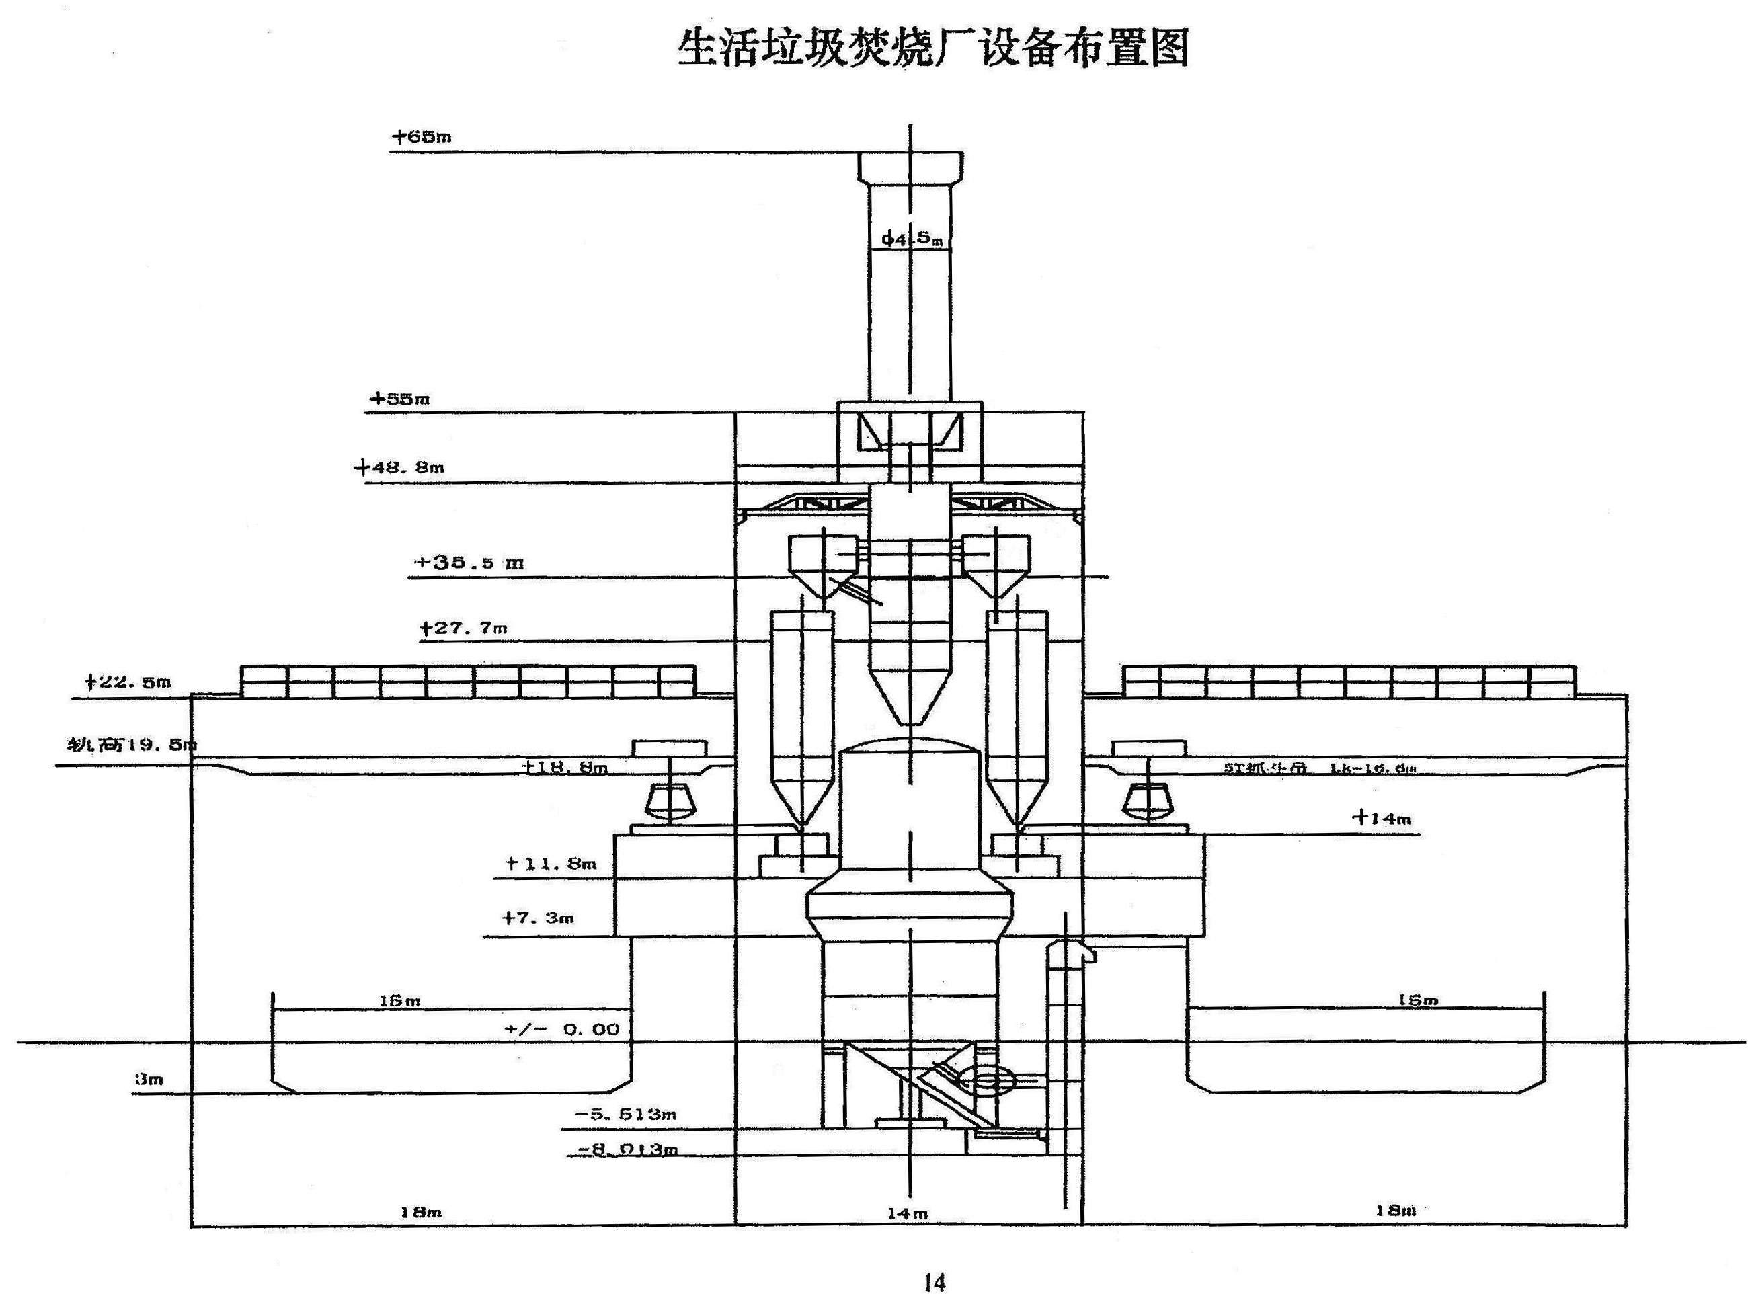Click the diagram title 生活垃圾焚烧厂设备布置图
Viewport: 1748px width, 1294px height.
pyautogui.click(x=932, y=48)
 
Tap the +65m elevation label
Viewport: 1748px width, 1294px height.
pyautogui.click(x=422, y=136)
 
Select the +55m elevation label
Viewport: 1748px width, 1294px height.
pyautogui.click(x=399, y=399)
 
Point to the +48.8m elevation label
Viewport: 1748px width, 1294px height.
pyautogui.click(x=399, y=468)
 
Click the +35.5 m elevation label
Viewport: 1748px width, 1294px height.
pyautogui.click(x=469, y=563)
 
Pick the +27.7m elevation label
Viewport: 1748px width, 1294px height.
pyautogui.click(x=463, y=627)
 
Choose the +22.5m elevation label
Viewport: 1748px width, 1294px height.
pyautogui.click(x=128, y=682)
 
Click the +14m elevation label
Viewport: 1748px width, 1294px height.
pyautogui.click(x=1380, y=819)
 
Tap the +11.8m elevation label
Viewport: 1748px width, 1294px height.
pyautogui.click(x=551, y=863)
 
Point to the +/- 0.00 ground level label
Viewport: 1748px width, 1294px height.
pyautogui.click(x=562, y=1028)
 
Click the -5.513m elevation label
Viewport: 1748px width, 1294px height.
pyautogui.click(x=625, y=1114)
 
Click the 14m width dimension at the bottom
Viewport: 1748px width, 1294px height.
pyautogui.click(x=908, y=1213)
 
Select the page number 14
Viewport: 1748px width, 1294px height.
pyautogui.click(x=934, y=1281)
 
